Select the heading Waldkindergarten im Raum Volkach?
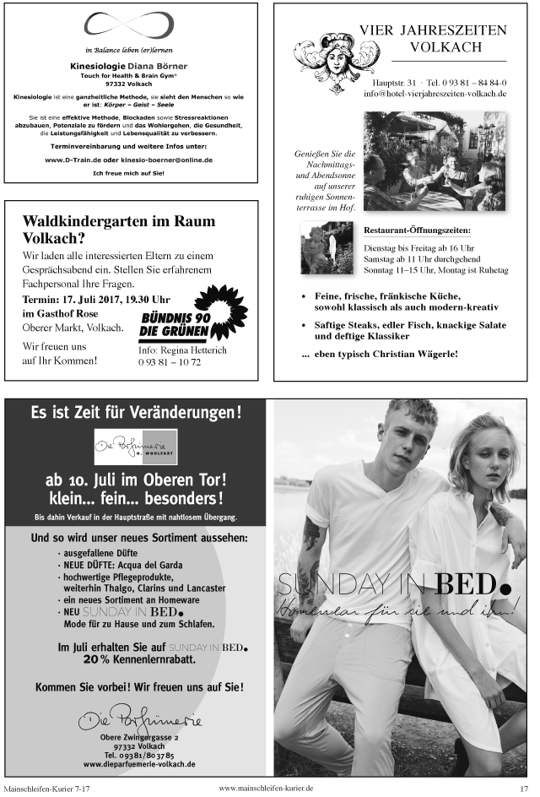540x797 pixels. pyautogui.click(x=119, y=229)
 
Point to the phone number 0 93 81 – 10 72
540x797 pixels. pyautogui.click(x=170, y=362)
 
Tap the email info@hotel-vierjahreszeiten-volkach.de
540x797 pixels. pyautogui.click(x=435, y=94)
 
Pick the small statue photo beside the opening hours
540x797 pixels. pyautogui.click(x=326, y=248)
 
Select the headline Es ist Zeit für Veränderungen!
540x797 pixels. pyautogui.click(x=136, y=413)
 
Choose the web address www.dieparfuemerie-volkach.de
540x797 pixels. pyautogui.click(x=139, y=763)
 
